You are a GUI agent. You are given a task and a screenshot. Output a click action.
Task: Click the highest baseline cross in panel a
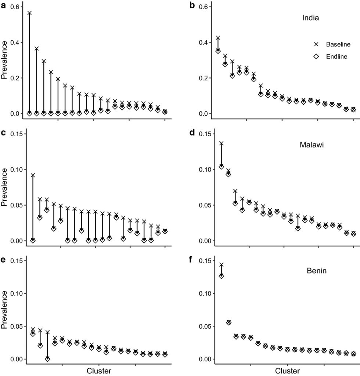coord(29,13)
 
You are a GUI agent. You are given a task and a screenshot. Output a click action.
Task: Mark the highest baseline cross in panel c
coord(33,175)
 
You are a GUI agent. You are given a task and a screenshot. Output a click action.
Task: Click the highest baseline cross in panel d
coord(221,143)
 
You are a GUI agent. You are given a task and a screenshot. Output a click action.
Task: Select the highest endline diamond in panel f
coord(221,276)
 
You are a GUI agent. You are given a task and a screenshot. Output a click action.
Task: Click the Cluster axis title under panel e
coord(99,370)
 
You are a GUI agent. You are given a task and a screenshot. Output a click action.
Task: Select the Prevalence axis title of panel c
coord(5,187)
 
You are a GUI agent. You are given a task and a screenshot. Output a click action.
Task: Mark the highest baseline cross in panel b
coord(218,38)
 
